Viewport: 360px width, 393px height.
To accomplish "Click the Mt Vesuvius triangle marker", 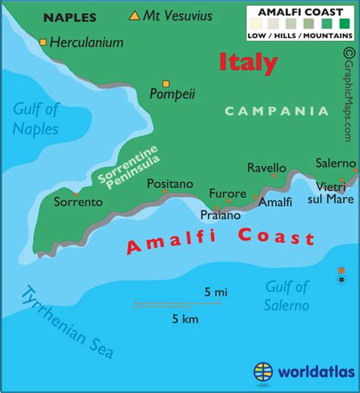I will (135, 15).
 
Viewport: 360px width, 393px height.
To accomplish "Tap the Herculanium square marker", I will (43, 43).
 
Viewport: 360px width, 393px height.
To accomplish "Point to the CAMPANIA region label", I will (287, 111).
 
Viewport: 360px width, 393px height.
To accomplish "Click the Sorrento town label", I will (77, 202).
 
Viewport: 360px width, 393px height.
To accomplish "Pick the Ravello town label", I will (267, 168).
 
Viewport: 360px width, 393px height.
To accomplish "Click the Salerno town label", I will (336, 163).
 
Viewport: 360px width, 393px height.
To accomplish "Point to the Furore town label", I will (227, 193).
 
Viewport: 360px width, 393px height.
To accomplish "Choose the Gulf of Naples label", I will (35, 119).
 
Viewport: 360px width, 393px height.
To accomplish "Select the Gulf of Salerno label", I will (287, 296).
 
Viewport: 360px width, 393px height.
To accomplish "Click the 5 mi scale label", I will (216, 291).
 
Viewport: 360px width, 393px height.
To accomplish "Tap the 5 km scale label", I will (185, 319).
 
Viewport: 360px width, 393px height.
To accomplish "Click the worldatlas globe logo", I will (263, 372).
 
